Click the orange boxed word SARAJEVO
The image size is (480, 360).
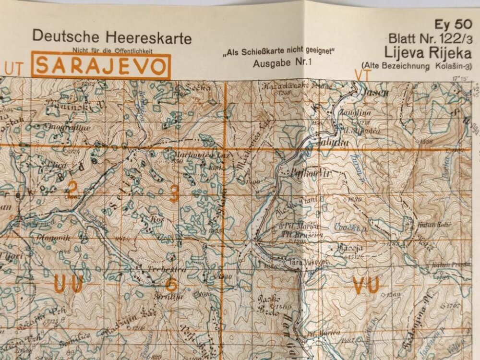101,66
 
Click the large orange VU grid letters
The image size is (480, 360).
366,284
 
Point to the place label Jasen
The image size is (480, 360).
377,92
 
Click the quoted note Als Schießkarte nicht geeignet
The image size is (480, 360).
277,51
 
